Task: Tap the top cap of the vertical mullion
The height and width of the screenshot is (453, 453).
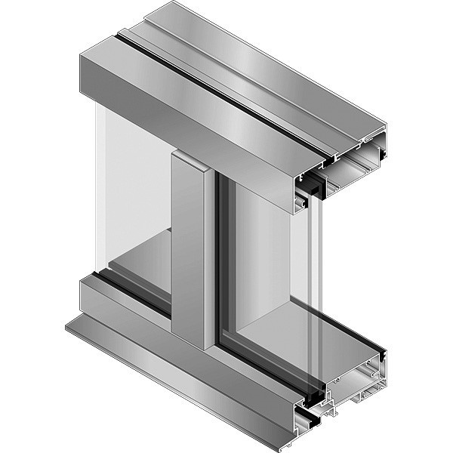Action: pyautogui.click(x=189, y=157)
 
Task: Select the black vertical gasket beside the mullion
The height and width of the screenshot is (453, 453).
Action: pyautogui.click(x=219, y=257)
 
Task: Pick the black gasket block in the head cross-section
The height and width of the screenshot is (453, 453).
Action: pyautogui.click(x=313, y=186)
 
